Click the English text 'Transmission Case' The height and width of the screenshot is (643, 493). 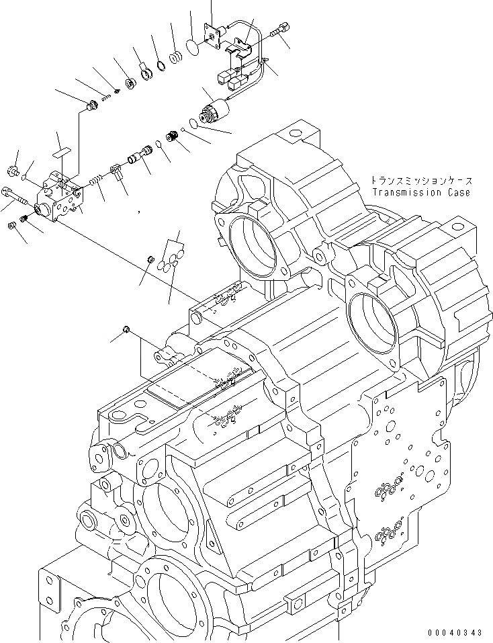click(x=420, y=193)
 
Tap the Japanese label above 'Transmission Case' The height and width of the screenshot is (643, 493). click(x=420, y=181)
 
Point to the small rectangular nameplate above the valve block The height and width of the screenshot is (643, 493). click(x=62, y=153)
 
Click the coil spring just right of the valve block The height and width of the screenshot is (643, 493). click(x=97, y=181)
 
